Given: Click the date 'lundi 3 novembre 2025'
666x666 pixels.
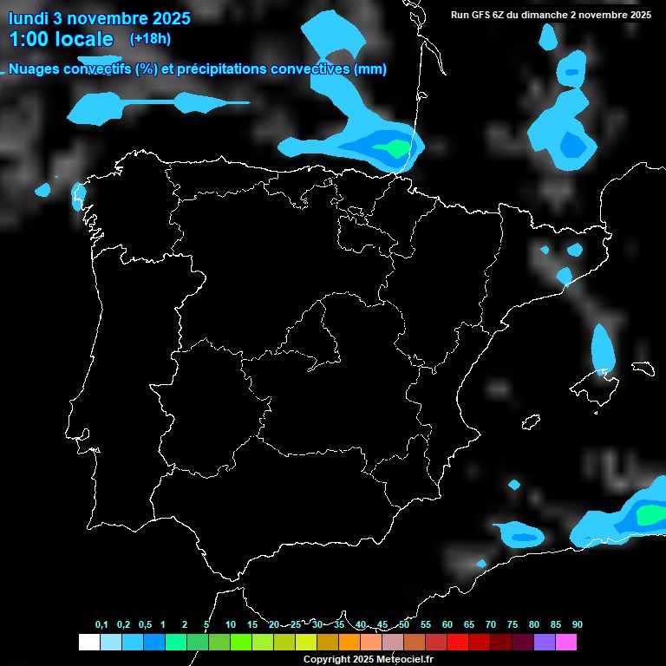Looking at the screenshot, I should pos(99,18).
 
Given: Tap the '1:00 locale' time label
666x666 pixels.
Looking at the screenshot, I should pos(61,39).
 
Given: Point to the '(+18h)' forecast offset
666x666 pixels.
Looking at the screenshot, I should pos(151,38).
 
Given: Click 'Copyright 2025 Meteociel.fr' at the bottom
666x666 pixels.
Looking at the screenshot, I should pos(368,659).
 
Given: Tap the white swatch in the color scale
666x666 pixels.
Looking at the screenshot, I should pos(88,643).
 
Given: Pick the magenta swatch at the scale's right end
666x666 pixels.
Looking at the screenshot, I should pos(566,643).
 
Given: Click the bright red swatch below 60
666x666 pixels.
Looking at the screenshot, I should pos(458,643).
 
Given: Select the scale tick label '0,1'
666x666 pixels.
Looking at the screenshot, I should pos(101,625).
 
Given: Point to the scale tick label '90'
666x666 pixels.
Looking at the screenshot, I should pos(578,625).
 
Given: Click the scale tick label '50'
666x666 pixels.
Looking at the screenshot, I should pos(404,625).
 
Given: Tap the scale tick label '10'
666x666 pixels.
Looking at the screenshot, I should pos(231,625).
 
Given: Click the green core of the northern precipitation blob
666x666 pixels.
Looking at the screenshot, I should pos(395,148).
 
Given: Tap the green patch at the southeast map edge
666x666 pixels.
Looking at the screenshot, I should pos(650,515).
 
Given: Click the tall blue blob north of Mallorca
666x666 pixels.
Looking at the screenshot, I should pos(603,347).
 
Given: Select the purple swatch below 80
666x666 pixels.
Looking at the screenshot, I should pos(545,643).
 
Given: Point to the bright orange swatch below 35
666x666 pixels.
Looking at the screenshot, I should pos(349,643).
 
